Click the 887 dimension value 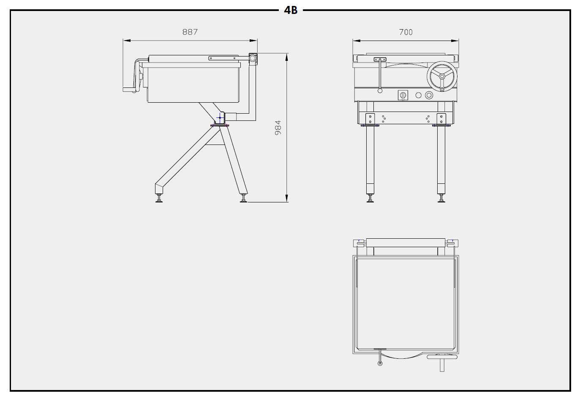click(x=190, y=32)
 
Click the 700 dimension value click(x=406, y=32)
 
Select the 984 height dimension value click(x=278, y=128)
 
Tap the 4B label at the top click(x=291, y=11)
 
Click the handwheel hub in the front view click(x=442, y=76)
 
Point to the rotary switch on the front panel click(x=403, y=95)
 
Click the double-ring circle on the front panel click(x=429, y=95)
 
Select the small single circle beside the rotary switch click(x=419, y=95)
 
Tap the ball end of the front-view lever click(x=380, y=91)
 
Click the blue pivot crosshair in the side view click(x=220, y=117)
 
